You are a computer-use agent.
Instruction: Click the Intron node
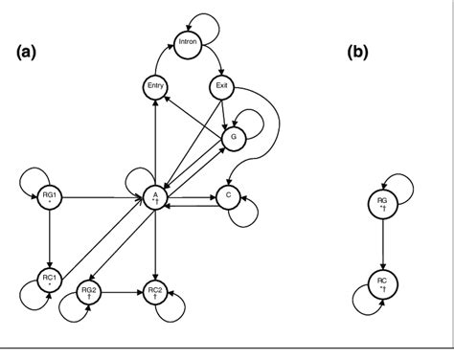click(188, 42)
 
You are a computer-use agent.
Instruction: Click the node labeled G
click(231, 137)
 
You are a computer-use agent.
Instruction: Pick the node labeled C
click(228, 196)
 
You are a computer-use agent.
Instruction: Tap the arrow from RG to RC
click(383, 242)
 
